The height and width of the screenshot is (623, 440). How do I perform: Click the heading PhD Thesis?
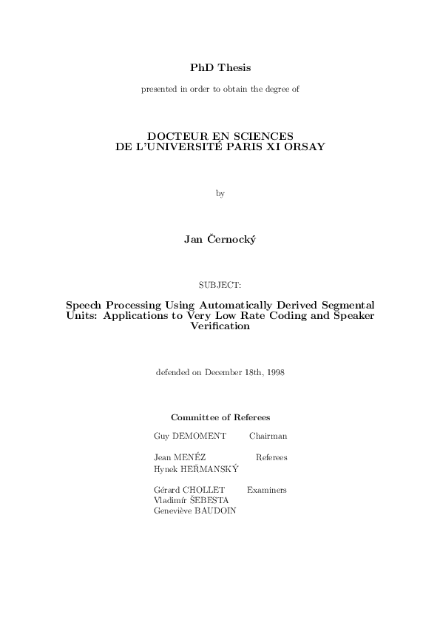tap(220, 67)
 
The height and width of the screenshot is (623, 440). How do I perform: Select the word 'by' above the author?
tap(220, 193)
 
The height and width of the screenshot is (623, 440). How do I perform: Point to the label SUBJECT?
tap(220, 284)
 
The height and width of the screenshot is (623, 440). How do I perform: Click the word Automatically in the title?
tap(209, 305)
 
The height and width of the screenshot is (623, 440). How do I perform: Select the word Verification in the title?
tap(220, 326)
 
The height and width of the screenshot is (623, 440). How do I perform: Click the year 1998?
tap(274, 372)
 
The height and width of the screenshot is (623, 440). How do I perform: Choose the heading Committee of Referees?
tap(220, 417)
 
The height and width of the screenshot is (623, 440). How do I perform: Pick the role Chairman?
tap(268, 437)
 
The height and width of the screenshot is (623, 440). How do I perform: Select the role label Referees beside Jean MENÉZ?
tap(271, 457)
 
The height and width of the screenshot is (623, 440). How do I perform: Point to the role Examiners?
tap(267, 490)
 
